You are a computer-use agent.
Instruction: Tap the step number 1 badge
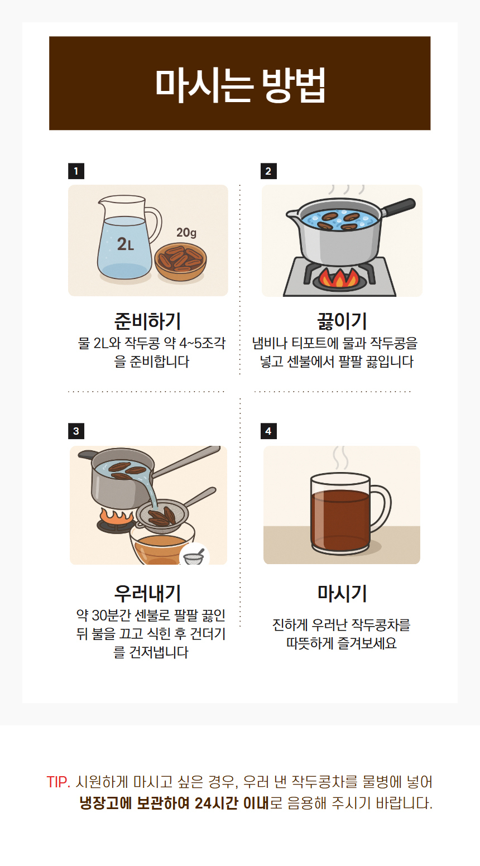(x=76, y=171)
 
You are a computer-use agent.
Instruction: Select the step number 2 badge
(x=268, y=171)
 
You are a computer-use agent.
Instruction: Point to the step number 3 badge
(x=76, y=431)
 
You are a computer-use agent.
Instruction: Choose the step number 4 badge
(x=268, y=431)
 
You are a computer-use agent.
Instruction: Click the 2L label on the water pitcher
(x=126, y=244)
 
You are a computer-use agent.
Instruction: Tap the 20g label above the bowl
(x=186, y=232)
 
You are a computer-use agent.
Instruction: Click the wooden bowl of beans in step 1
(x=181, y=262)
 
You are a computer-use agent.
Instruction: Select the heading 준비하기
(x=148, y=321)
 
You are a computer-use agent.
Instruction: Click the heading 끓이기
(x=342, y=321)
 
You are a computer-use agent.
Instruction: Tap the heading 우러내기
(x=148, y=593)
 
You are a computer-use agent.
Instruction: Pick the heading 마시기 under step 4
(x=342, y=593)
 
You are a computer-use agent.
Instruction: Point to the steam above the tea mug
(x=341, y=458)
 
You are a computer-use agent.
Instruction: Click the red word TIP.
(x=59, y=782)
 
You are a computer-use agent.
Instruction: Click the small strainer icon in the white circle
(x=193, y=557)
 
